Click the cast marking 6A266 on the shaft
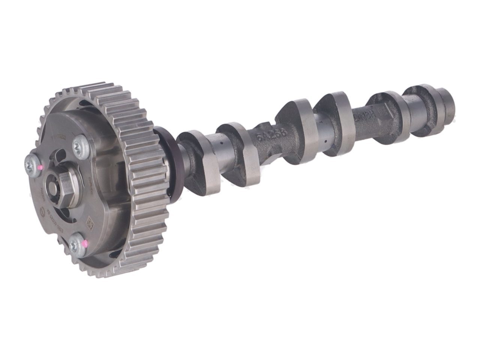271,134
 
